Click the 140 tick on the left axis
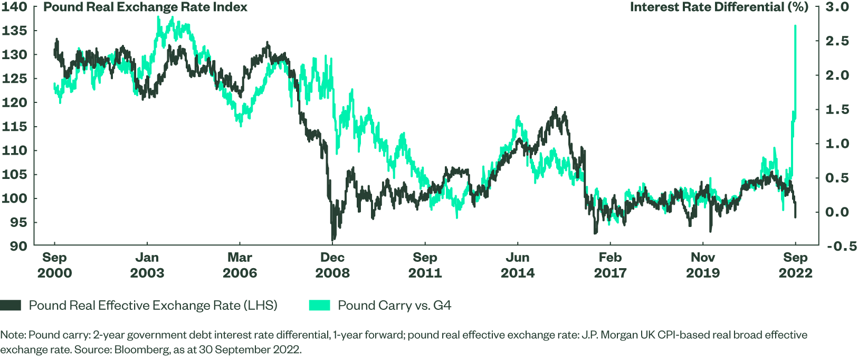click(x=14, y=7)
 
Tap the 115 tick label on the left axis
click(x=14, y=127)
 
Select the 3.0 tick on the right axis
click(x=837, y=7)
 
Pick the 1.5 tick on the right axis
click(x=837, y=109)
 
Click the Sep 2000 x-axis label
click(x=54, y=265)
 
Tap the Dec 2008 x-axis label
click(x=332, y=265)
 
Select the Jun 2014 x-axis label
click(x=518, y=265)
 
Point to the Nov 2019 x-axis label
click(x=703, y=265)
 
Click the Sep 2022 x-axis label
click(x=796, y=265)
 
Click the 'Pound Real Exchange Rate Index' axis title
click(x=145, y=7)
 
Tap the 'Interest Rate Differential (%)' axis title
click(x=719, y=7)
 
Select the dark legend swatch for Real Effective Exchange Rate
click(x=11, y=305)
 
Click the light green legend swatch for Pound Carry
click(x=319, y=305)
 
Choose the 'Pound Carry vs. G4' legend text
click(x=394, y=305)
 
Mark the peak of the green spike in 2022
click(x=795, y=26)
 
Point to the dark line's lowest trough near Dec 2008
click(x=333, y=240)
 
